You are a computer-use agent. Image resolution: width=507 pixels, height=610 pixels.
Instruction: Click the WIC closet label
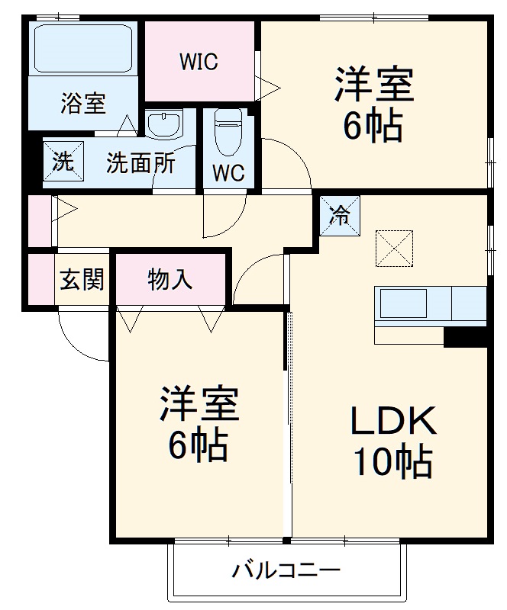(199, 62)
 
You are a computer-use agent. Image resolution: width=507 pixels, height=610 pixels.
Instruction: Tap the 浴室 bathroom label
(82, 104)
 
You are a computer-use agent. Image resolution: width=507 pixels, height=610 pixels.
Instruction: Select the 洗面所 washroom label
(140, 162)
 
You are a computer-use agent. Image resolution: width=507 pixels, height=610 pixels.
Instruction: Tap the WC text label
(228, 174)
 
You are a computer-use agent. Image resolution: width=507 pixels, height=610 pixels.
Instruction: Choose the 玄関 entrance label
(81, 280)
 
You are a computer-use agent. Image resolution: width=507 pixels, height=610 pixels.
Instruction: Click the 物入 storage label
(170, 280)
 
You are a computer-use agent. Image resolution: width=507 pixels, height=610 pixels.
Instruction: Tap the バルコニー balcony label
(286, 570)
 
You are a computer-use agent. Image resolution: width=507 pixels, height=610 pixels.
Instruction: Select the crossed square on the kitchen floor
(393, 248)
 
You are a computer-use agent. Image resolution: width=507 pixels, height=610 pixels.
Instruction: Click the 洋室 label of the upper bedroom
(373, 85)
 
